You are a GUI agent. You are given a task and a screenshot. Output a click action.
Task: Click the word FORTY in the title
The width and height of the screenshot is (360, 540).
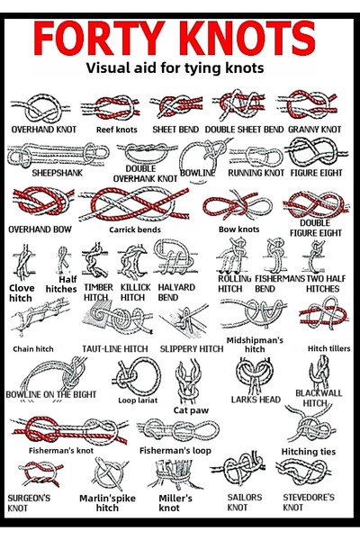point(99,38)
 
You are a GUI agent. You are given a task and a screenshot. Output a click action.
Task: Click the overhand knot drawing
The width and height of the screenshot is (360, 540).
point(40,108)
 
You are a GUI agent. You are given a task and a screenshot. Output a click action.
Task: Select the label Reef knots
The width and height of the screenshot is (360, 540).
point(116,130)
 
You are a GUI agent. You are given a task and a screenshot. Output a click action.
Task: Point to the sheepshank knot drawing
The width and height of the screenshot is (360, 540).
point(58,155)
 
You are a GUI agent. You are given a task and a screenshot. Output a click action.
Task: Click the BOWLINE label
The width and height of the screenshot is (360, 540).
point(197,173)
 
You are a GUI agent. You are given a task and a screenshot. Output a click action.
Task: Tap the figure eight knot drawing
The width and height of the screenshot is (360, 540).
point(316,151)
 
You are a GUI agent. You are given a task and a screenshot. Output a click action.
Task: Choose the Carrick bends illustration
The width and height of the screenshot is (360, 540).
point(134,204)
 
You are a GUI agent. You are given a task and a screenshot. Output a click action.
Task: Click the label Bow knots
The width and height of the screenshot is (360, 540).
point(238,229)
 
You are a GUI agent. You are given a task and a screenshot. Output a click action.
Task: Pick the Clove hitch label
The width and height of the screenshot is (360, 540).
point(22,293)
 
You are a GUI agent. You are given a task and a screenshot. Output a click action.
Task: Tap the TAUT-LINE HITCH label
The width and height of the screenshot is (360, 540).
point(115,349)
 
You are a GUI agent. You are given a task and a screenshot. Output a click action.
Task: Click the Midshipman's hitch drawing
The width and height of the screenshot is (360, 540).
point(253,314)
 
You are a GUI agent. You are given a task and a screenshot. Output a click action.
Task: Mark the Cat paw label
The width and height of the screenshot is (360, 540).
point(191,410)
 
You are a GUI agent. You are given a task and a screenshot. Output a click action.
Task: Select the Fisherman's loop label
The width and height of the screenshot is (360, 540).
point(175,451)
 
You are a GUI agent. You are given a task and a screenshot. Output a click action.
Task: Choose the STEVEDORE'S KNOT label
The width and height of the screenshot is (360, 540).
point(309,502)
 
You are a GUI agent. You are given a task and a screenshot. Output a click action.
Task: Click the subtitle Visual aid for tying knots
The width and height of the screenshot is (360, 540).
point(175,67)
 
